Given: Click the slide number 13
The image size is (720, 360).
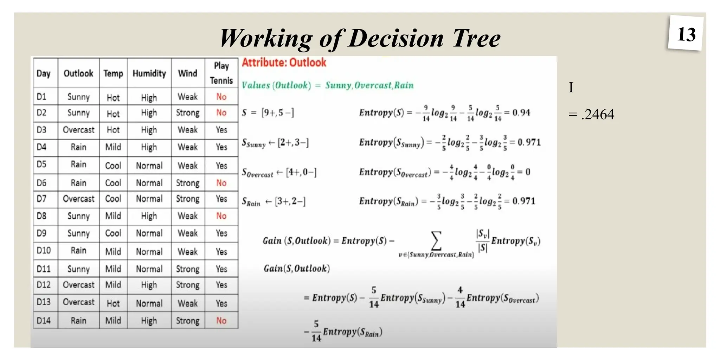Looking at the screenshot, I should (x=686, y=34).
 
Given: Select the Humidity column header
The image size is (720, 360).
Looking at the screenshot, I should (x=149, y=73).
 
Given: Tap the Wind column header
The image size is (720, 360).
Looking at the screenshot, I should (x=187, y=73).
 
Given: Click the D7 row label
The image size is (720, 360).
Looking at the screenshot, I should (x=42, y=199).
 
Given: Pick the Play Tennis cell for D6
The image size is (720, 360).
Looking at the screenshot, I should (x=221, y=183).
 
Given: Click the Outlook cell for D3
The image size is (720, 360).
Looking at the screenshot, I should (x=78, y=130).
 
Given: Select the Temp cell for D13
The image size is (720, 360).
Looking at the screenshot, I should (x=113, y=303).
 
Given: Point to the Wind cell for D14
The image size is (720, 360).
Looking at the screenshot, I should (x=187, y=321).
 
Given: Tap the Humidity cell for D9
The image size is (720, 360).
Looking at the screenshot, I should (x=149, y=233).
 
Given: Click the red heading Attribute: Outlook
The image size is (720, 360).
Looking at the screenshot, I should (x=284, y=63).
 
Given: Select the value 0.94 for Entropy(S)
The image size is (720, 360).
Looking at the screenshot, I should (x=521, y=113).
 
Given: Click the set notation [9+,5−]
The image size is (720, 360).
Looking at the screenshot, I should (x=277, y=113).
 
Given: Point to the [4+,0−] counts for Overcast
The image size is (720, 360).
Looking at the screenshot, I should (x=301, y=172).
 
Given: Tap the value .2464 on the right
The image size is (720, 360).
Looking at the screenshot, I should (x=598, y=115).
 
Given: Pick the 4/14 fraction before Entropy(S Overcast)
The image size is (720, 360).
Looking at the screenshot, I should (x=460, y=297).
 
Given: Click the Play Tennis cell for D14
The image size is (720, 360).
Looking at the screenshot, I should (x=221, y=321).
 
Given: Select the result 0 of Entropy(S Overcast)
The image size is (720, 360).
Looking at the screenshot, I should (x=528, y=172).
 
